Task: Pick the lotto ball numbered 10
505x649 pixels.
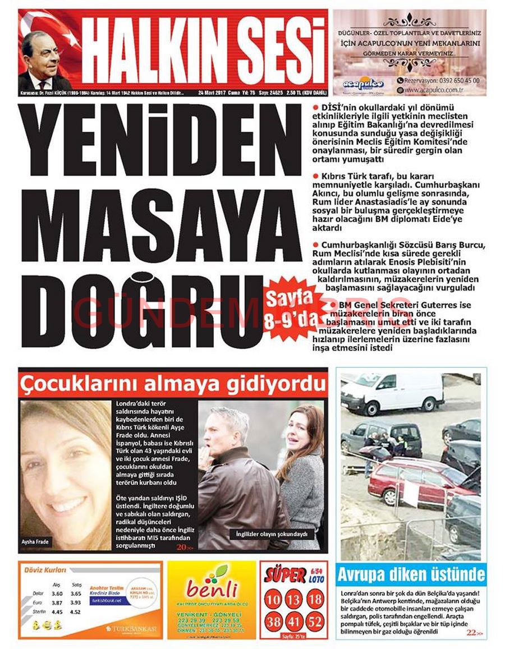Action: click(273, 600)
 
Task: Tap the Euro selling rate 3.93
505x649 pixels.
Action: click(76, 602)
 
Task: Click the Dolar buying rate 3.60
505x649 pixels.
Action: click(57, 593)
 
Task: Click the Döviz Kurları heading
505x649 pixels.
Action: click(45, 570)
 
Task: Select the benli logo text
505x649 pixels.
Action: click(212, 590)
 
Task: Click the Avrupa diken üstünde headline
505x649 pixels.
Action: click(411, 574)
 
